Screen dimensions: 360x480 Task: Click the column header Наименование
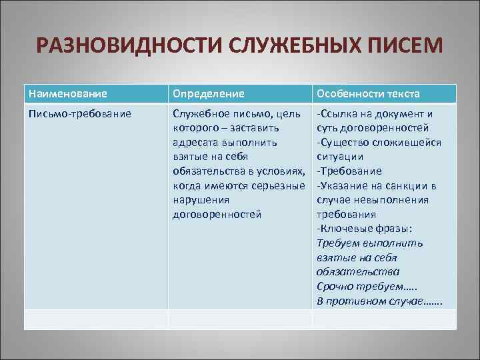pyautogui.click(x=67, y=94)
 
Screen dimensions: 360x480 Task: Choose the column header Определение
pyautogui.click(x=208, y=94)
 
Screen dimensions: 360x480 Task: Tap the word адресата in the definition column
pyautogui.click(x=197, y=142)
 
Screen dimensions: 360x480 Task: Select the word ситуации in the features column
pyautogui.click(x=340, y=157)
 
